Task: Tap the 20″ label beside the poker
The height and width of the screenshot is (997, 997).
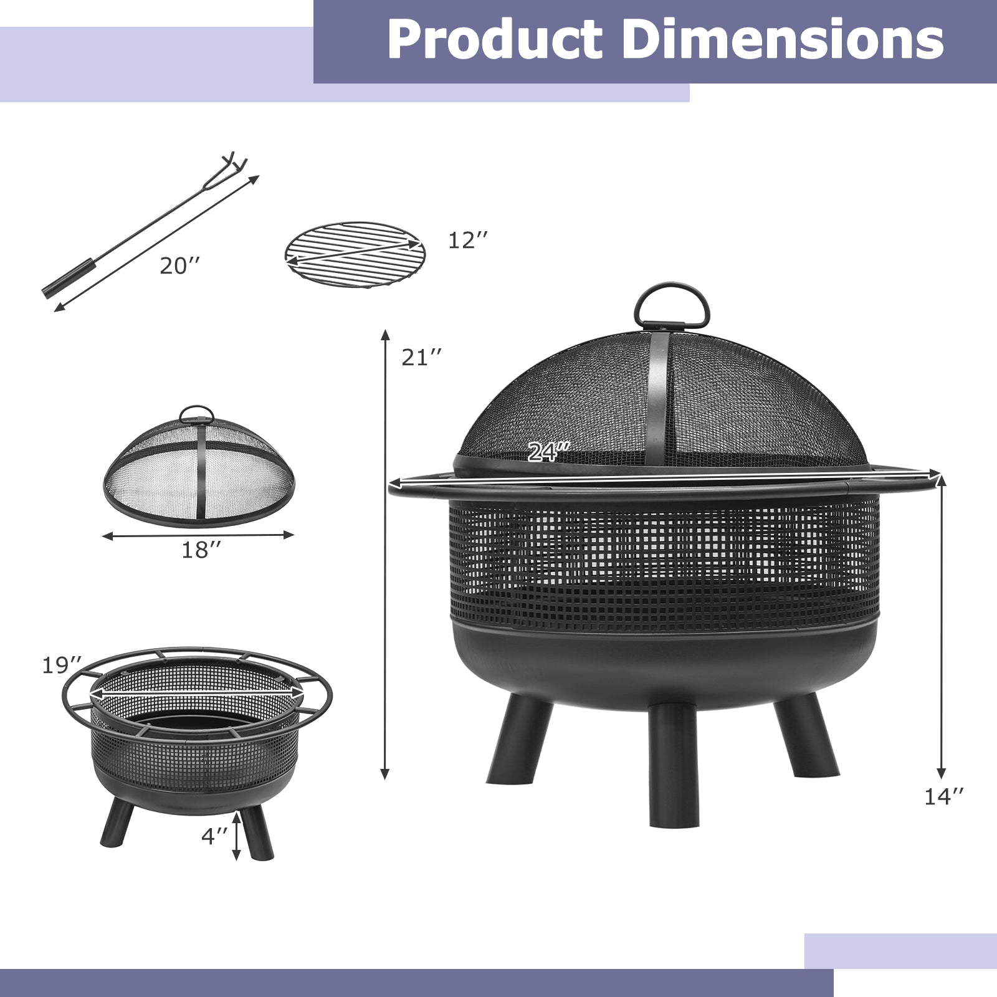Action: coord(180,266)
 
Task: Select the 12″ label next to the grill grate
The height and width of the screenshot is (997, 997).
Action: coord(468,240)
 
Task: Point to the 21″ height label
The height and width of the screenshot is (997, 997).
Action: coord(422,358)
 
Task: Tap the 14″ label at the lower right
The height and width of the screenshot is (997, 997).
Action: coord(944,796)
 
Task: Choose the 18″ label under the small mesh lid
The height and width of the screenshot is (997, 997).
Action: coord(201,550)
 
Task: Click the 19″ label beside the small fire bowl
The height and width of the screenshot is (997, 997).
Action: coord(62,665)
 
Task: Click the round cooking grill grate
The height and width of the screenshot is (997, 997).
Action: coord(355,254)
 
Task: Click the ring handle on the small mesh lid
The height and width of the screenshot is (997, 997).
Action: coord(196,414)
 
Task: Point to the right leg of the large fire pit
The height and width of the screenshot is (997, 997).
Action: coord(806,735)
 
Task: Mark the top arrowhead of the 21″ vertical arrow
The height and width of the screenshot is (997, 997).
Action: coord(386,333)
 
